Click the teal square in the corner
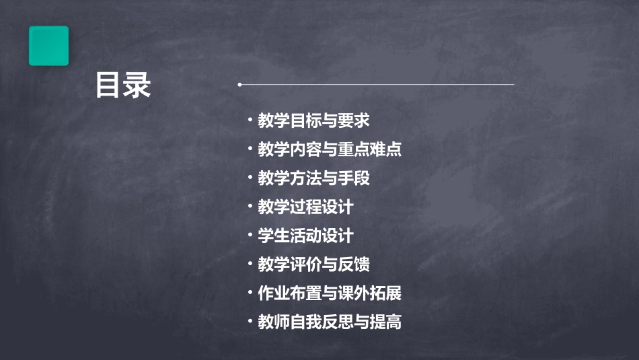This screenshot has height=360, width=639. click(x=48, y=46)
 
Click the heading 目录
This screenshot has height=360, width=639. click(x=123, y=85)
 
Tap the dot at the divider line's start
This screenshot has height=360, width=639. click(x=239, y=85)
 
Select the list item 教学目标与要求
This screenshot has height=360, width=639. click(x=313, y=121)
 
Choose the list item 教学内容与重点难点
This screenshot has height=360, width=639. click(x=330, y=149)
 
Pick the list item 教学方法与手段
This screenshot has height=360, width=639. click(x=313, y=178)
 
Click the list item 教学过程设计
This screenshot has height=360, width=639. click(x=305, y=207)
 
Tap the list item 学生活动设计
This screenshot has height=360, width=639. click(x=305, y=236)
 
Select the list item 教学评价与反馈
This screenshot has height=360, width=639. click(x=313, y=264)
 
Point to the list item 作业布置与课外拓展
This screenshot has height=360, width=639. click(x=330, y=293)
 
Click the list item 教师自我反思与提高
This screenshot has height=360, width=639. click(x=330, y=322)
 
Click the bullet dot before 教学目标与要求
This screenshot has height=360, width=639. click(x=250, y=120)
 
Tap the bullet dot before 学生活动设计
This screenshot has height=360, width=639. click(x=250, y=236)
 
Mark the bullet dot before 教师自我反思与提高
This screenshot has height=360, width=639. click(x=250, y=322)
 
